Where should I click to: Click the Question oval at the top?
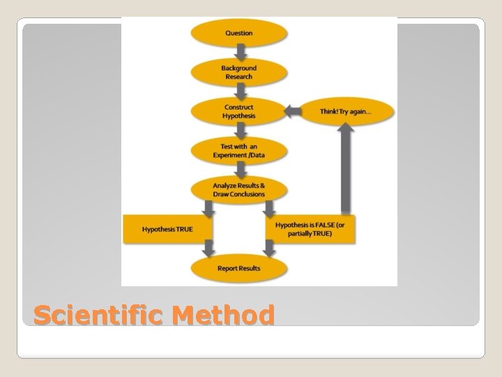pos(239,33)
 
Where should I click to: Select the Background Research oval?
pos(239,72)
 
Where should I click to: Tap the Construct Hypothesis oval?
pos(239,111)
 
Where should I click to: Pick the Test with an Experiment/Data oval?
pos(239,149)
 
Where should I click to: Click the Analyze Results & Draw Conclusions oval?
pos(239,188)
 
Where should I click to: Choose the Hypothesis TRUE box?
pos(167,229)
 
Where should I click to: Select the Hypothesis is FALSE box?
pos(309,229)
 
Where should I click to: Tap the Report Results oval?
pos(239,268)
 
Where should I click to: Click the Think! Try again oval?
pos(345,111)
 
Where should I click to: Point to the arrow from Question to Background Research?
pos(239,52)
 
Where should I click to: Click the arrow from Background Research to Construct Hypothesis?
pos(239,91)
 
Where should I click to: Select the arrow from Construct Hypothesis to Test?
pos(239,131)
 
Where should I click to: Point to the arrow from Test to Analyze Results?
pos(239,169)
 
